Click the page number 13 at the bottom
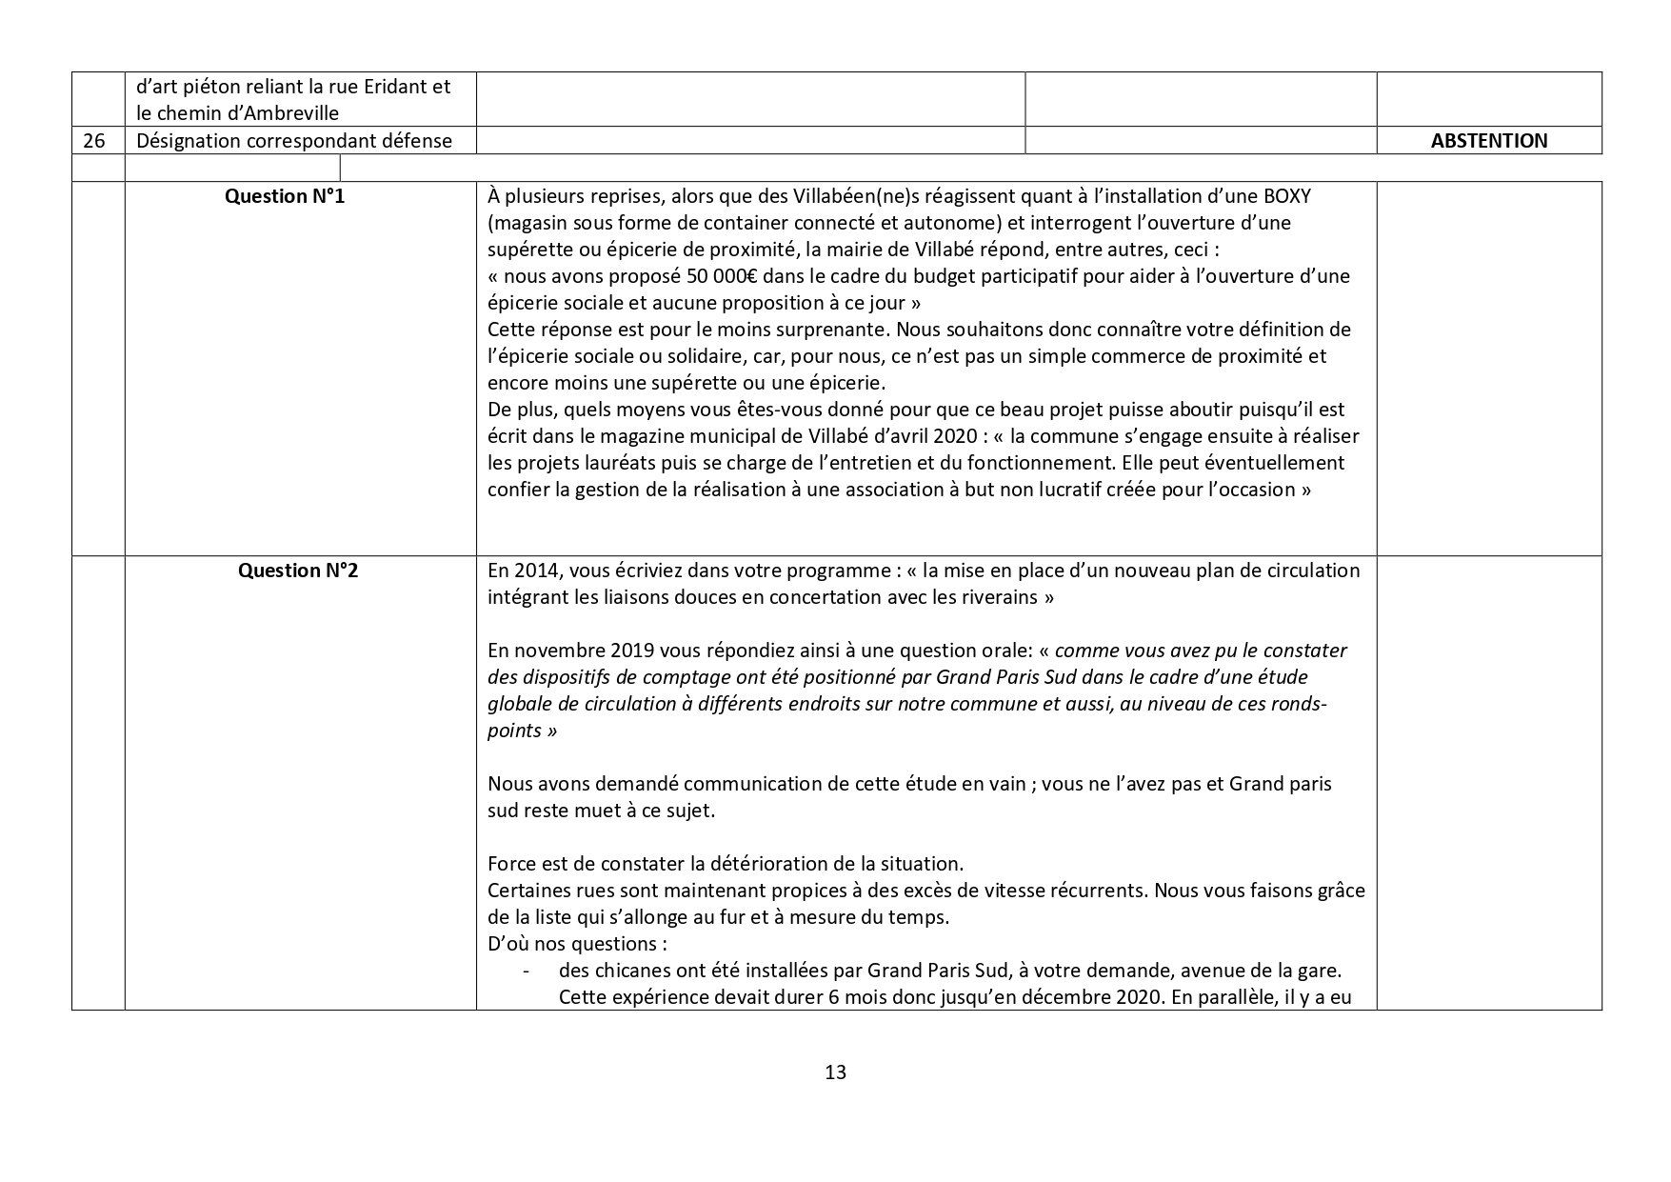pyautogui.click(x=835, y=1072)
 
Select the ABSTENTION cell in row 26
pyautogui.click(x=1488, y=141)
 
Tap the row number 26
pyautogui.click(x=94, y=141)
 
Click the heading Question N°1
pyautogui.click(x=285, y=196)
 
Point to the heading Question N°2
pyautogui.click(x=298, y=571)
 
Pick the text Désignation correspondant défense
pyautogui.click(x=294, y=141)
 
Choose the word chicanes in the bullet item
pyautogui.click(x=627, y=972)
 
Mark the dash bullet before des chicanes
pyautogui.click(x=526, y=972)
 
